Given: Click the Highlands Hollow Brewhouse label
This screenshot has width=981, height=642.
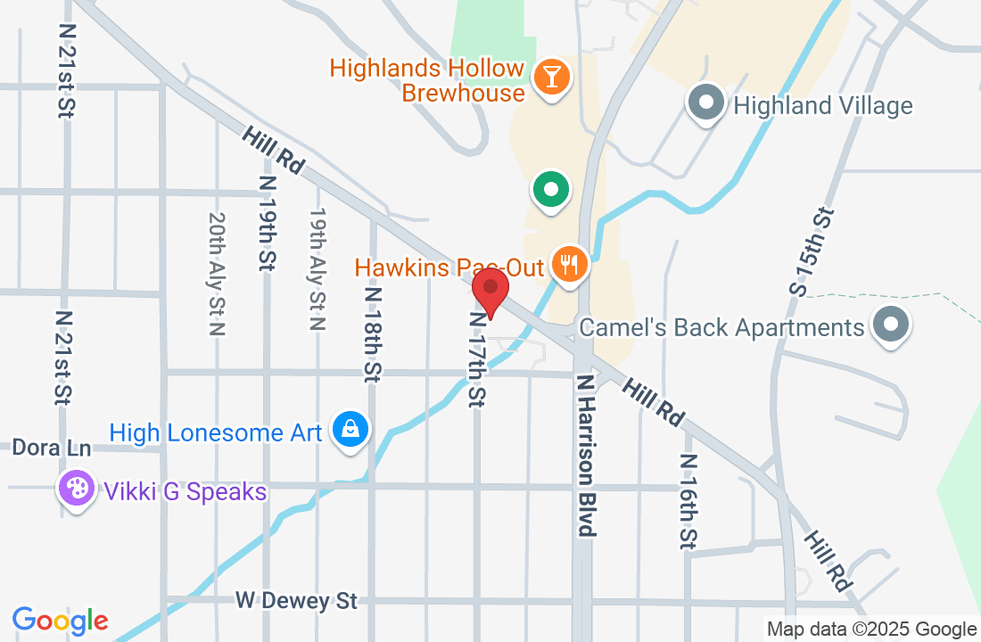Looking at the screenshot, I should (426, 80).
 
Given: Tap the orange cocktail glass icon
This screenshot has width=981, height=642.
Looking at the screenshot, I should (551, 77).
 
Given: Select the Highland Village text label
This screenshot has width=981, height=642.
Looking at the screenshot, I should (822, 106).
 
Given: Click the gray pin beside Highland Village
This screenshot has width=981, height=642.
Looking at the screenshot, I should (706, 103).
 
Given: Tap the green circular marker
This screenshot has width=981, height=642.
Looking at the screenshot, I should (551, 190).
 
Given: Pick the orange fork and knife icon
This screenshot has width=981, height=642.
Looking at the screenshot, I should (569, 265).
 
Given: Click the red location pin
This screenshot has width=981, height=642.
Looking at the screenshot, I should (490, 292).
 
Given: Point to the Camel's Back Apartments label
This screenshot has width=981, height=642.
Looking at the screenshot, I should (721, 327).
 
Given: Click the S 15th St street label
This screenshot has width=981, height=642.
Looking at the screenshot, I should (812, 251).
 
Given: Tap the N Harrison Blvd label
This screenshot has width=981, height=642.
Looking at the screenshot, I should (585, 455).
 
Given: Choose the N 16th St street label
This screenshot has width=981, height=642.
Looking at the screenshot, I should (688, 501).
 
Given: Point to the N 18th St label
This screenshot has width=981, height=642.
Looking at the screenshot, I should (373, 334).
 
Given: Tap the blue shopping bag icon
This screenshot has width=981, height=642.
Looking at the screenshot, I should (351, 431).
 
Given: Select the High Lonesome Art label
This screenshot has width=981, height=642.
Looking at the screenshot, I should (215, 433).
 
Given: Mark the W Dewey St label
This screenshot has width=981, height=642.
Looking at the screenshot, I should (296, 601).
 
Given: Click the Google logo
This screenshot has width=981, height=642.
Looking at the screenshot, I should (61, 621).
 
